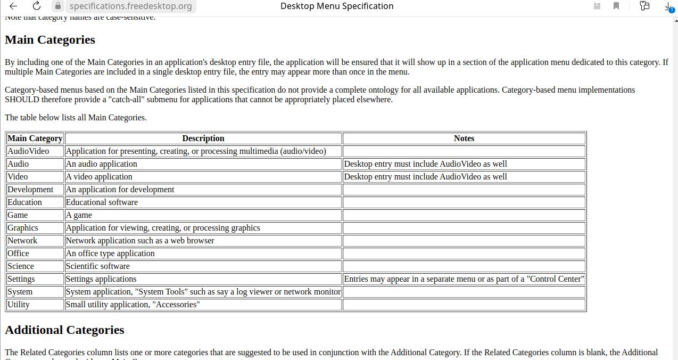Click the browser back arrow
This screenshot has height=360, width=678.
click(13, 6)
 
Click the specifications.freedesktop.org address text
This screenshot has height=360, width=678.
click(130, 6)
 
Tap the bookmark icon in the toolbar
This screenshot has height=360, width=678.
click(616, 6)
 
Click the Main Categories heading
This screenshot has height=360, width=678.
click(50, 40)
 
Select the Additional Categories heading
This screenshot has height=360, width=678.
click(64, 330)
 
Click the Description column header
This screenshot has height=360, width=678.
click(203, 138)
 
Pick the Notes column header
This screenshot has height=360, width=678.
click(464, 138)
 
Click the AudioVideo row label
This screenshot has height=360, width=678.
click(28, 151)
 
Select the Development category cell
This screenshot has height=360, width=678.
click(30, 190)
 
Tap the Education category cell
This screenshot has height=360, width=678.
click(24, 202)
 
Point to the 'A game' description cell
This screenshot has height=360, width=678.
click(79, 215)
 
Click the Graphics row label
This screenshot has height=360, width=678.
click(23, 228)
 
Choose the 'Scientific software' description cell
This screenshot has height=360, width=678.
click(98, 266)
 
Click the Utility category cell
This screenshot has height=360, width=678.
click(19, 305)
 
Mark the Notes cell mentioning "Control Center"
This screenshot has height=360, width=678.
click(464, 279)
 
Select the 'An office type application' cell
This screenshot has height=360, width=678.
click(110, 253)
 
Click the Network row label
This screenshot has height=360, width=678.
click(22, 241)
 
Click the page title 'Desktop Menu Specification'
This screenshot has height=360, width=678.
click(337, 6)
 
